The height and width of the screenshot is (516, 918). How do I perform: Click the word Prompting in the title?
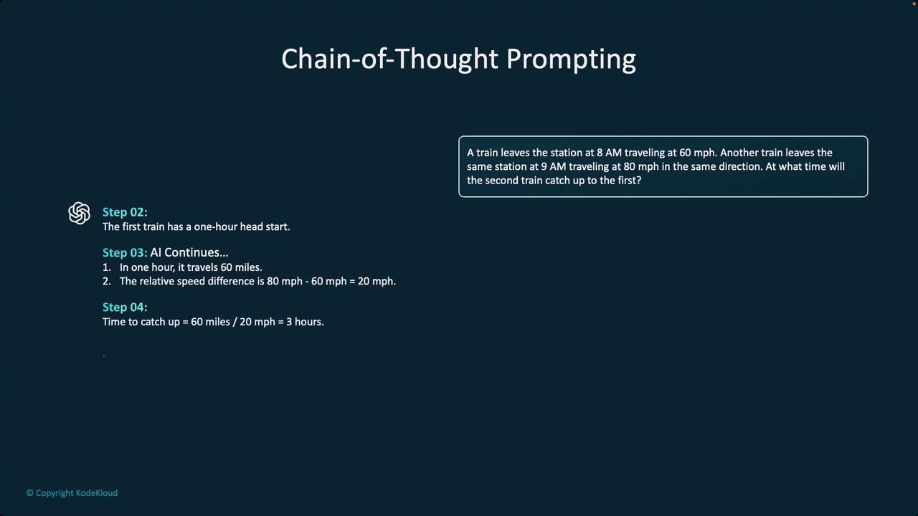click(571, 59)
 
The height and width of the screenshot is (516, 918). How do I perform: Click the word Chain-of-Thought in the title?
click(389, 59)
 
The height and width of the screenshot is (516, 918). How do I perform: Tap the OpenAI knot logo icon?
click(79, 213)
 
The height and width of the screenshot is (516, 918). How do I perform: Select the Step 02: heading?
click(125, 212)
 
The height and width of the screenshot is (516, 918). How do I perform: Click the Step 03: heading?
click(125, 253)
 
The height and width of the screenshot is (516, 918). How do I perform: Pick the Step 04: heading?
click(125, 307)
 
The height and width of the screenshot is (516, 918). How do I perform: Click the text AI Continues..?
click(189, 252)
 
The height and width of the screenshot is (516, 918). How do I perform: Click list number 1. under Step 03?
click(107, 267)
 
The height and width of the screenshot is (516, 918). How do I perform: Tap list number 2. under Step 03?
click(107, 282)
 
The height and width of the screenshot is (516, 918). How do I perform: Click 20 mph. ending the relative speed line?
click(377, 282)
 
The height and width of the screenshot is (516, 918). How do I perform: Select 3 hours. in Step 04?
click(305, 322)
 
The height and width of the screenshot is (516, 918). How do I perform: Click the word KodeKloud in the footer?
click(97, 493)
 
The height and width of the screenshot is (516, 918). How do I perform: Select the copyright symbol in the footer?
click(29, 493)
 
